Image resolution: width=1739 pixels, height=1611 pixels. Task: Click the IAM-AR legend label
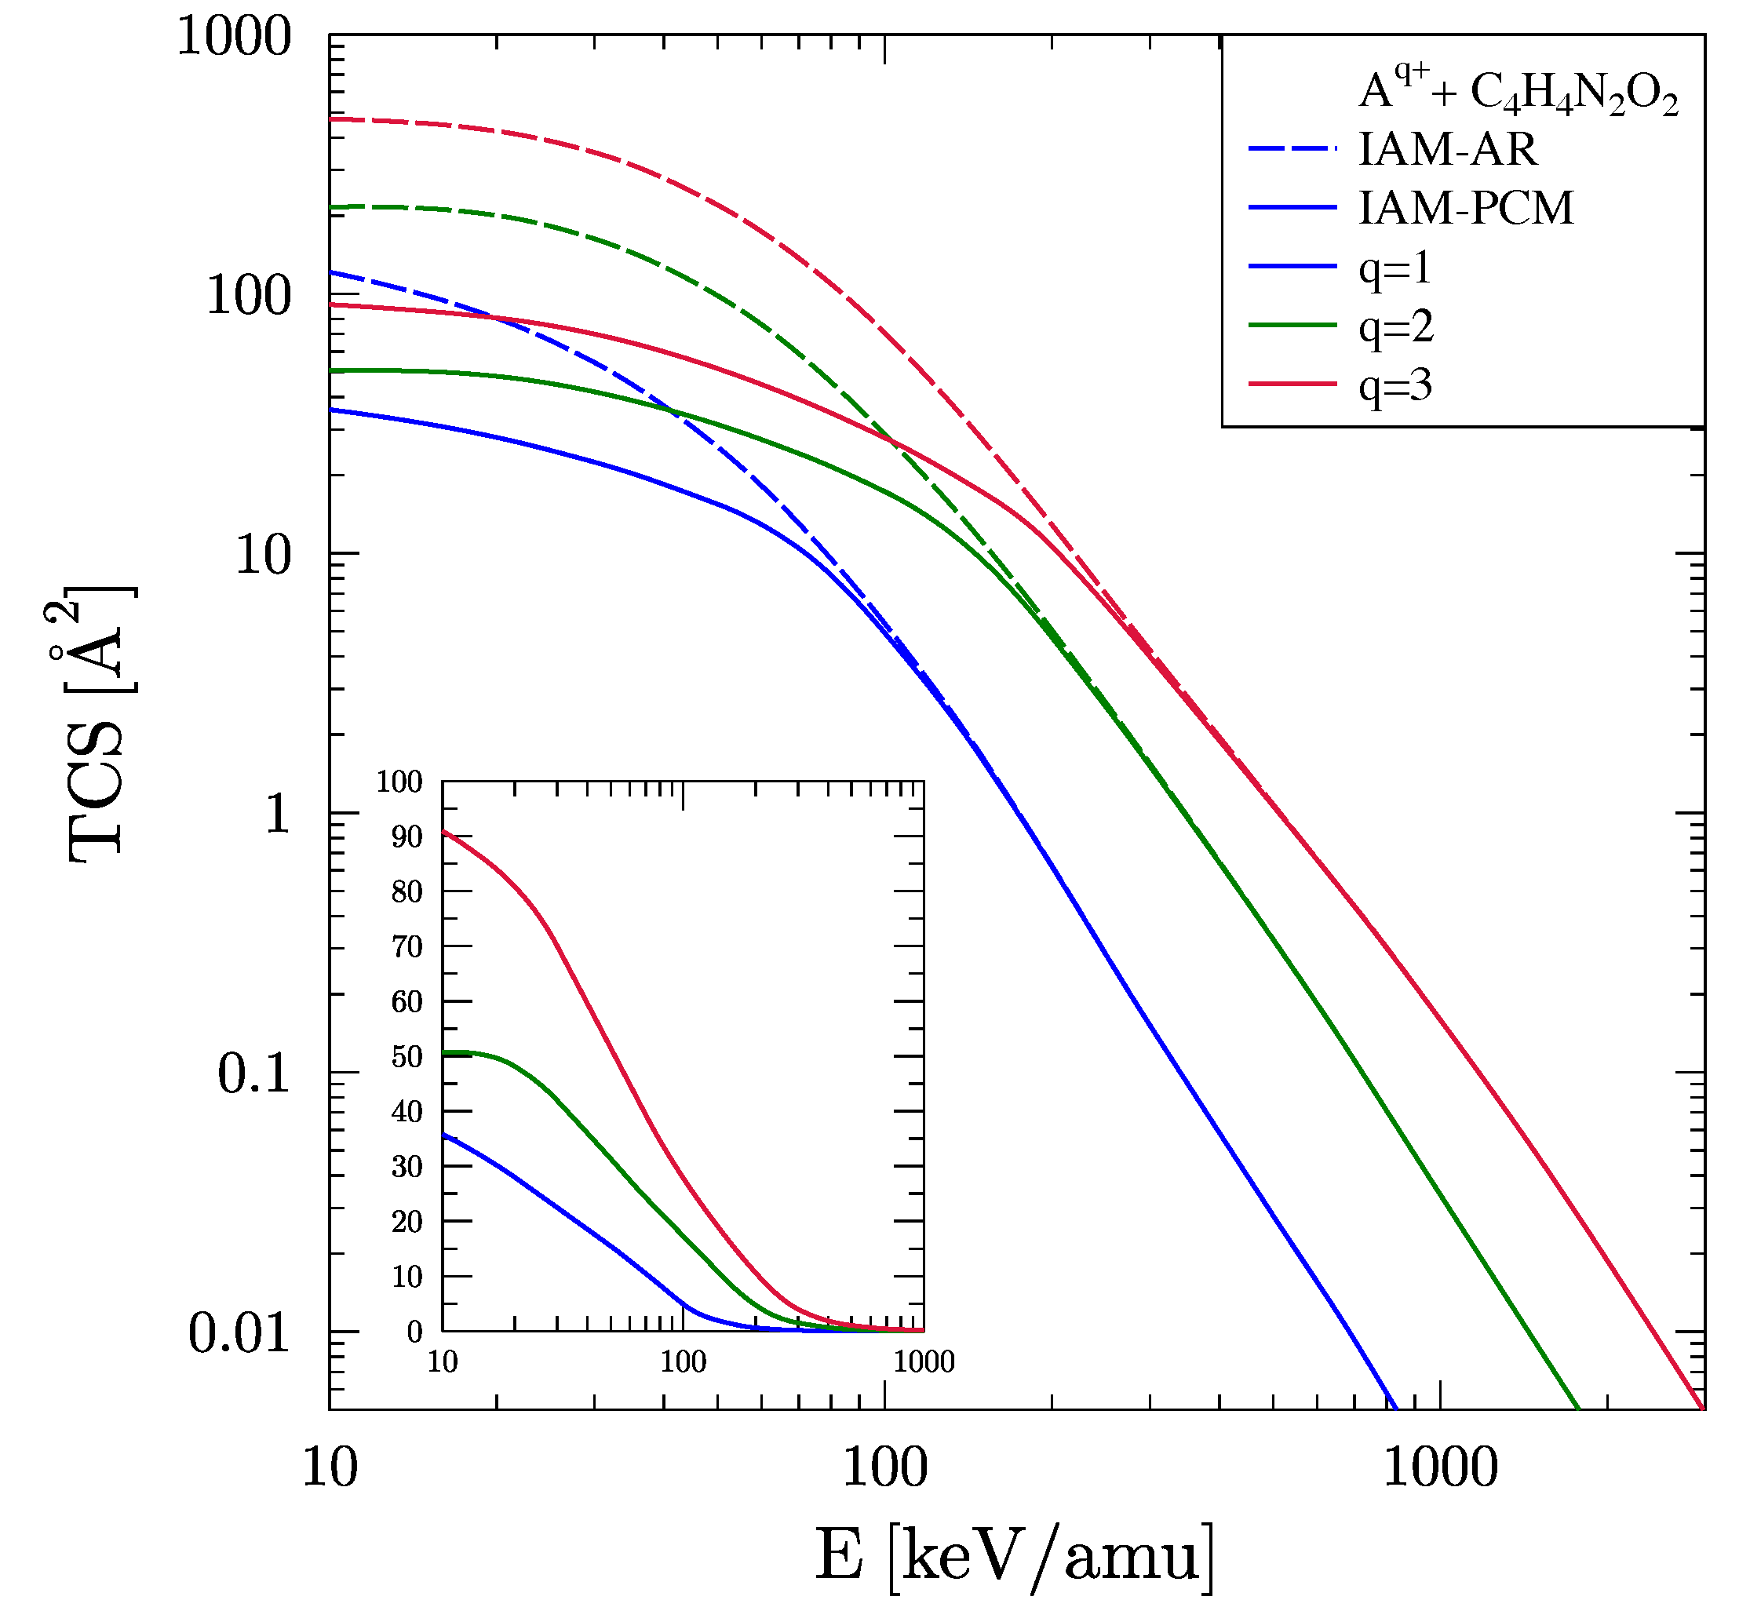[x=1447, y=150]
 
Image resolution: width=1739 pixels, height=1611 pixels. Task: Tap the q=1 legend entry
[x=1394, y=268]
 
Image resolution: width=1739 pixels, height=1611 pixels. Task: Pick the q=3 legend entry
[x=1394, y=385]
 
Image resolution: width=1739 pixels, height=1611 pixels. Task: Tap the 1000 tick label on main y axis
[x=233, y=38]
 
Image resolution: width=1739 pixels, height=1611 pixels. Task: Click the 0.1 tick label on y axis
[x=253, y=1074]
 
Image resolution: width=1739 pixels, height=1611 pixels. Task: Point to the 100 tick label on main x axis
[x=884, y=1467]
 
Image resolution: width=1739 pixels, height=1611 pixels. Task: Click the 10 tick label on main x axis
[x=330, y=1467]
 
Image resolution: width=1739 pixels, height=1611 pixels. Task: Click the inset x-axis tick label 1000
[x=923, y=1361]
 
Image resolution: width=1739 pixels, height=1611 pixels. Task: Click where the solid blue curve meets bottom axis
[x=1394, y=1407]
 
